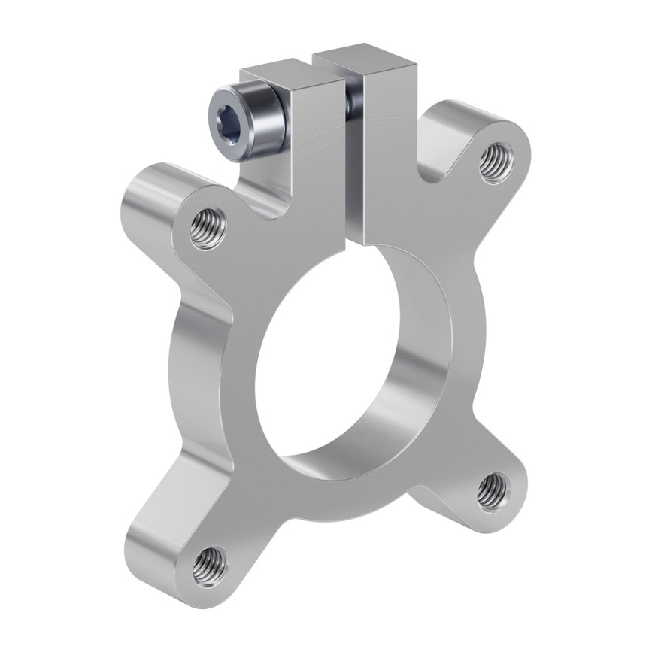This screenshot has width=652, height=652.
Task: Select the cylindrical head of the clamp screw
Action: [x=259, y=120]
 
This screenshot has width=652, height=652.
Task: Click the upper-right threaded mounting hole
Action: [x=496, y=162]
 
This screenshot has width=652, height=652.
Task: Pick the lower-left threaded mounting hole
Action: [x=209, y=566]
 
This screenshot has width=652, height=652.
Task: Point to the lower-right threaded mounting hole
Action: [x=493, y=491]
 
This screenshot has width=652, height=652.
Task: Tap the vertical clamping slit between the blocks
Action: [x=350, y=173]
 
